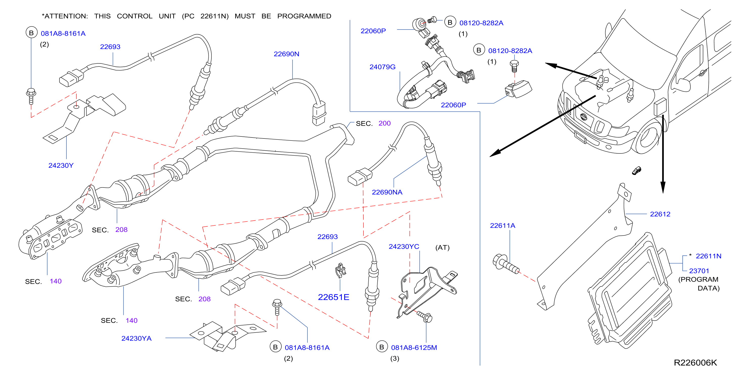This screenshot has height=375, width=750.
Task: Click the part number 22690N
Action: coord(286,54)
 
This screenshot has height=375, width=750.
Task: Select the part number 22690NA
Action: coord(387,192)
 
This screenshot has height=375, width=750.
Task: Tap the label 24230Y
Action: coord(61,165)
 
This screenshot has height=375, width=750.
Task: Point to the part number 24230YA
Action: coord(136,338)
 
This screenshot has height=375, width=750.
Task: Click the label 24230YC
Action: coord(404,247)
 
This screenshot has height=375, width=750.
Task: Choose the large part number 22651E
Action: coord(333,297)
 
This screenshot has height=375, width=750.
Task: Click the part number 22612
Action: coord(660,214)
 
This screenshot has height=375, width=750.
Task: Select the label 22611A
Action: coord(502,226)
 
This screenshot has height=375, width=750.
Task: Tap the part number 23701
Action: coord(699,271)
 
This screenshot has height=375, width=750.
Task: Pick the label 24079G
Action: coord(382,67)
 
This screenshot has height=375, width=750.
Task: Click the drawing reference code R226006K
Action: coord(695,362)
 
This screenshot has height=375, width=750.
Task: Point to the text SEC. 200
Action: coord(373,124)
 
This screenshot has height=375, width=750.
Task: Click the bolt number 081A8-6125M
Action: coord(414,348)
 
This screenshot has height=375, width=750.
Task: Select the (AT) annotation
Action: coord(442,247)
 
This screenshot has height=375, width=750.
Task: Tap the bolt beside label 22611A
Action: coord(506,264)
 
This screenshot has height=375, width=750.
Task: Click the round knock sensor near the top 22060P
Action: coord(419,24)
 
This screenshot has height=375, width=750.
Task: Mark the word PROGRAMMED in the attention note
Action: coord(304,16)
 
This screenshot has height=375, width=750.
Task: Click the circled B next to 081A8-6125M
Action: coord(381,347)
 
